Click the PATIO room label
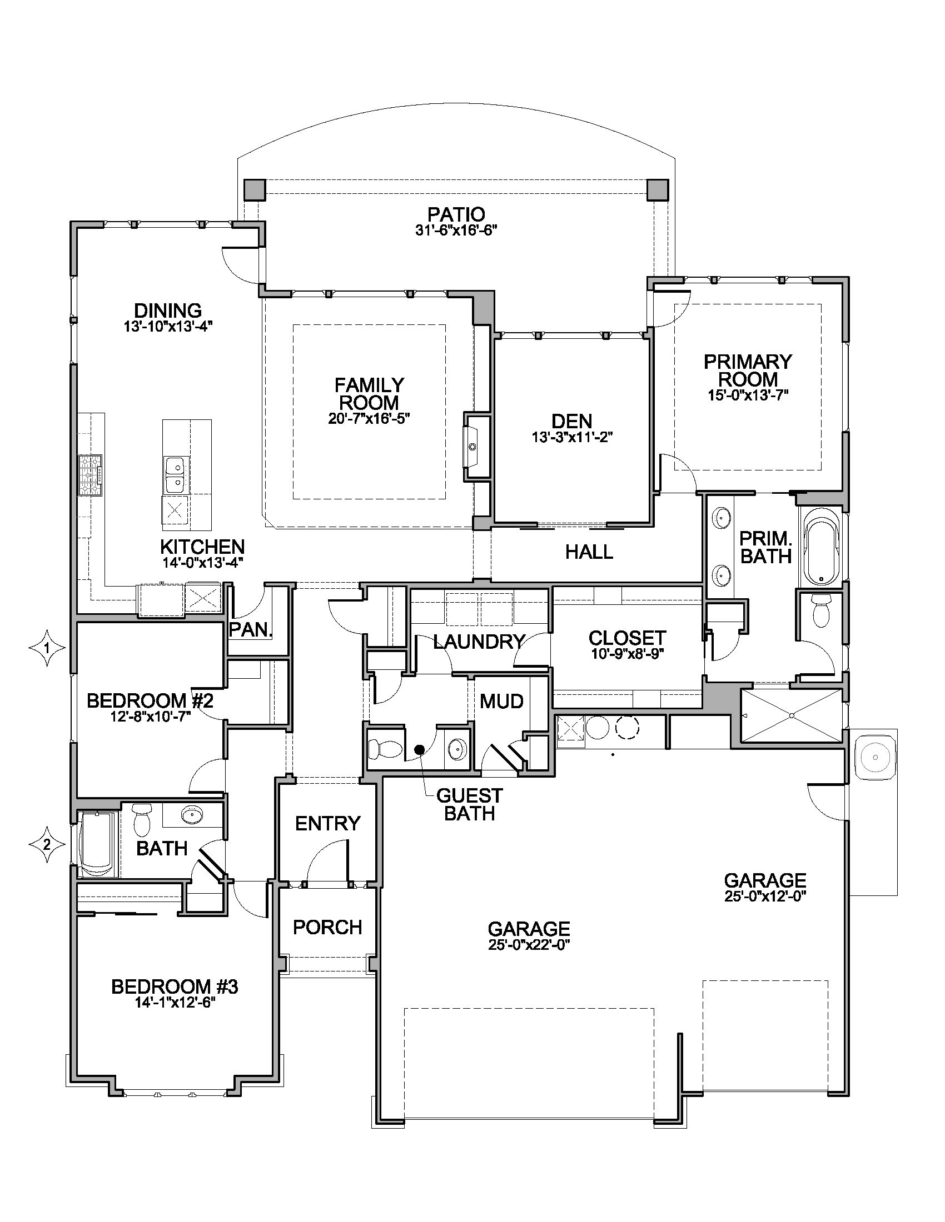[456, 214]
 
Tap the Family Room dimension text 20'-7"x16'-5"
[369, 418]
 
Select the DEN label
[571, 421]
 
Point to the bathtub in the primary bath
[821, 550]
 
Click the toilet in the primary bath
[821, 610]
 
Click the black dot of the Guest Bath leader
[419, 749]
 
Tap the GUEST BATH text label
[469, 804]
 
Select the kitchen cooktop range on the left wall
[90, 475]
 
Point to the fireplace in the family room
[476, 447]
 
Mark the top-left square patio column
[255, 189]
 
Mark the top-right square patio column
[657, 189]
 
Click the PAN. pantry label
[251, 629]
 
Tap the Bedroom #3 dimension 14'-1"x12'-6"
[175, 1003]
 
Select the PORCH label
[327, 927]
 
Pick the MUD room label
[501, 700]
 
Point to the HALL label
[589, 552]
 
